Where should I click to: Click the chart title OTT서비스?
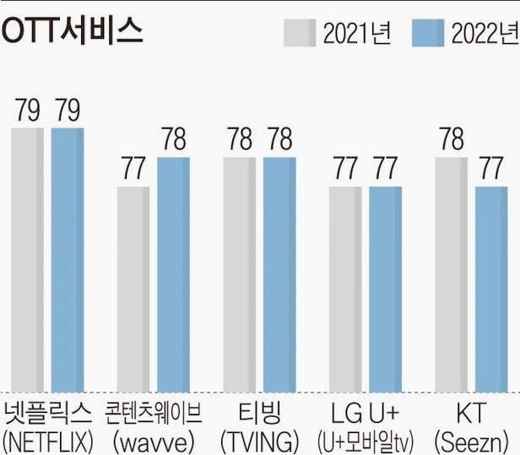(73, 31)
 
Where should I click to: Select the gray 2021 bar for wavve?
(133, 287)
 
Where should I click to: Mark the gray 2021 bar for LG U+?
(345, 287)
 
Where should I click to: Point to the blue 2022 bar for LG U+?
(386, 287)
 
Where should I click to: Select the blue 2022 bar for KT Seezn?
(491, 287)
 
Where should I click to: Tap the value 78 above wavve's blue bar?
(173, 140)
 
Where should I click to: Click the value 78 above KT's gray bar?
(452, 140)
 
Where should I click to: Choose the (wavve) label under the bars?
(153, 441)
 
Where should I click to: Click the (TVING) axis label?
(259, 441)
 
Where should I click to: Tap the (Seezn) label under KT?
(471, 441)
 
